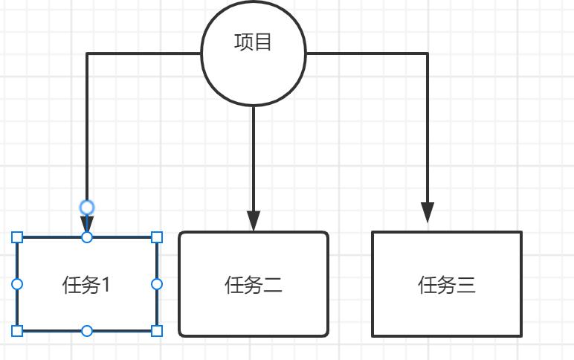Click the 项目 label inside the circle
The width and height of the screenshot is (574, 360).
[254, 42]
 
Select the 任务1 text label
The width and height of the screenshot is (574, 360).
[87, 284]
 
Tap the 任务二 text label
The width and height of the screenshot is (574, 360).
[254, 285]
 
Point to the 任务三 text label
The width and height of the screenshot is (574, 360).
[447, 285]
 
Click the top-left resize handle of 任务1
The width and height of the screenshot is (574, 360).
[18, 237]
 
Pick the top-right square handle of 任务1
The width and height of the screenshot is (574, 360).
[157, 237]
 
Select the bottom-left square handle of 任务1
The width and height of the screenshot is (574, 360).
[18, 330]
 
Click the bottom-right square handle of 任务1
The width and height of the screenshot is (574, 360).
[157, 330]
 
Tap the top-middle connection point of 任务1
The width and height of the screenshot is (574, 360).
[87, 237]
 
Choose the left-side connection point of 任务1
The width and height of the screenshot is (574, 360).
[18, 284]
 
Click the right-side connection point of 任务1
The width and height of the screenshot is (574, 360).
[157, 284]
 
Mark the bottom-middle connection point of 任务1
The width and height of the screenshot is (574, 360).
[87, 330]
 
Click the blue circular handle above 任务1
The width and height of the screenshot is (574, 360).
[87, 207]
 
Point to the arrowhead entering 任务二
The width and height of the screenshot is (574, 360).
[254, 221]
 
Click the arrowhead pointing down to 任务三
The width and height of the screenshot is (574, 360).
[428, 213]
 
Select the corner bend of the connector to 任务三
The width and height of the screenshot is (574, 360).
[428, 54]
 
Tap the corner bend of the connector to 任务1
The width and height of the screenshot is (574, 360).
[87, 54]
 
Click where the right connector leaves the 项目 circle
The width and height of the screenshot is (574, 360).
[307, 54]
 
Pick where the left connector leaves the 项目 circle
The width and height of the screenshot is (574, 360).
[201, 54]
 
